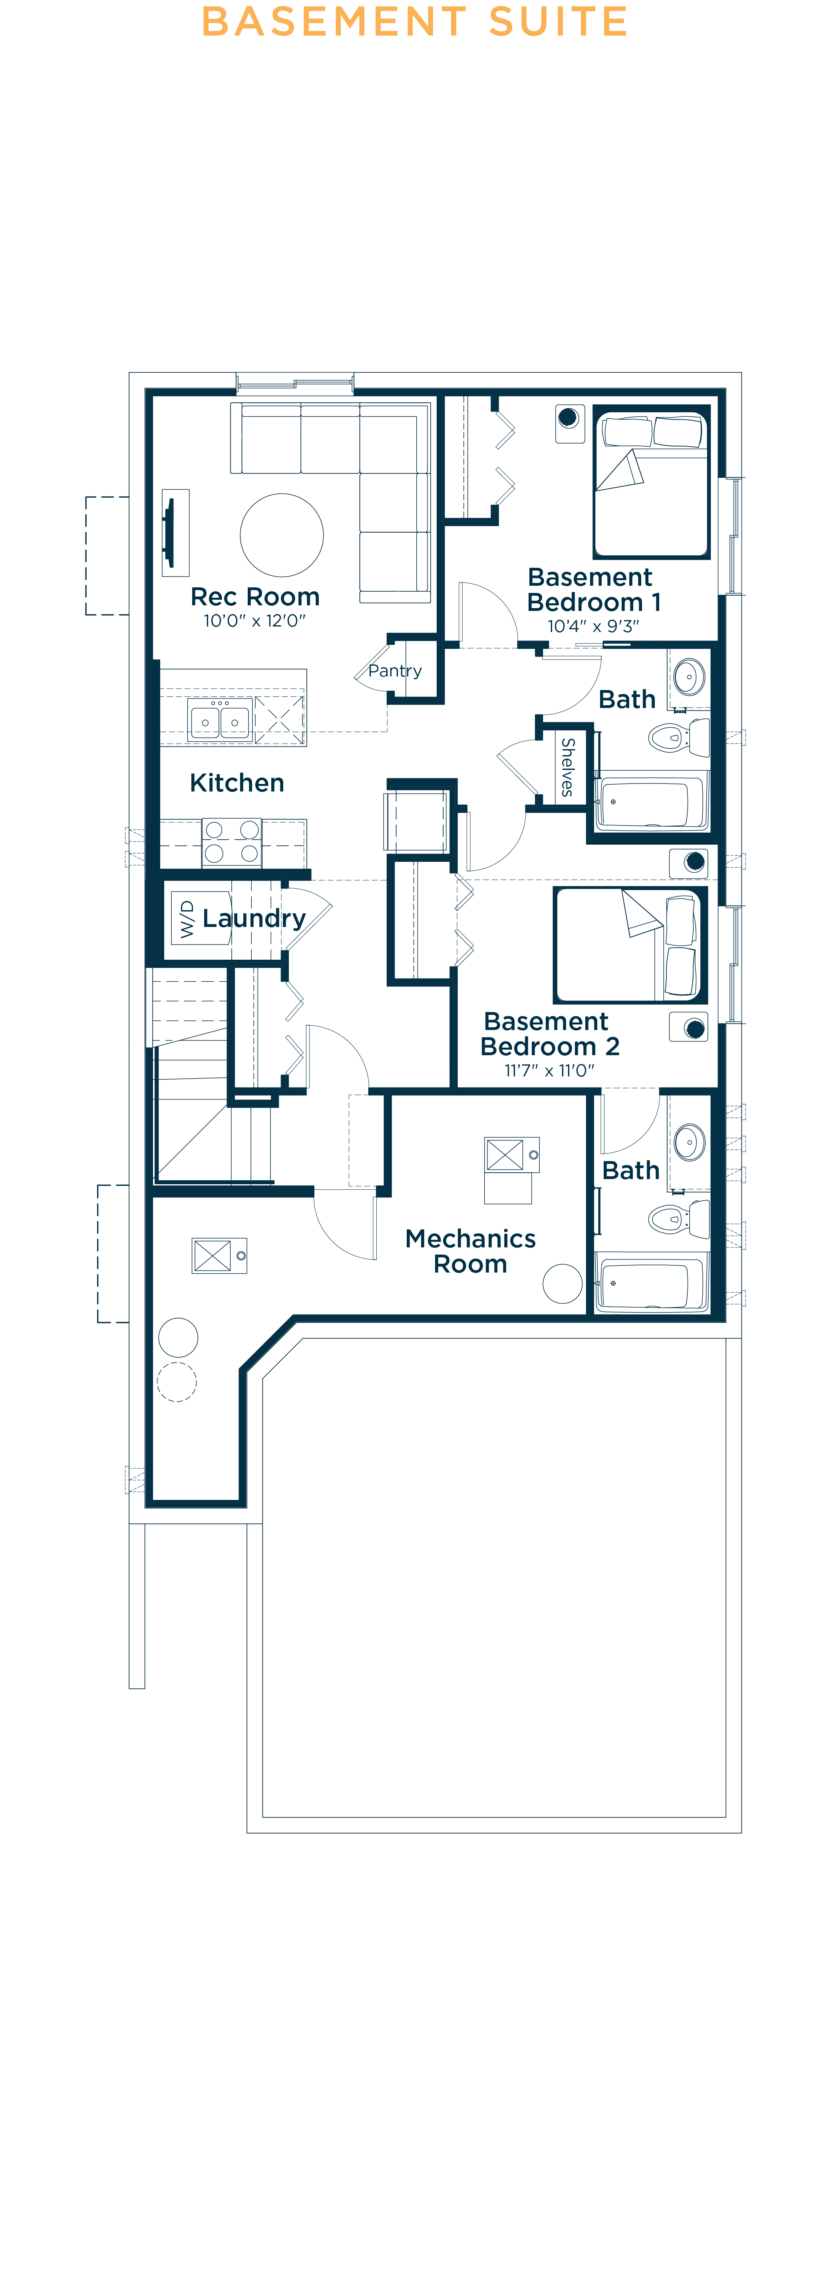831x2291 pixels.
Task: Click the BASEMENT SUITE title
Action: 415,21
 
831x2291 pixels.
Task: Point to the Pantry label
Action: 395,670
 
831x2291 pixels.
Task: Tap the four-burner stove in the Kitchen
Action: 231,841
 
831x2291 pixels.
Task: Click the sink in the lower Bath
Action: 690,1142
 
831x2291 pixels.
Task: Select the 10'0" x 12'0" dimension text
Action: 254,621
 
